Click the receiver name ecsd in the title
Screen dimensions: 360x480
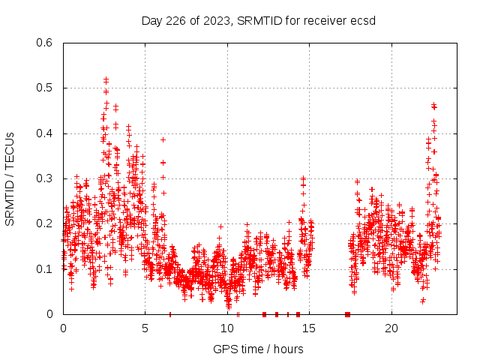tap(363, 20)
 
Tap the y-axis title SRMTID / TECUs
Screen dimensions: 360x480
tap(10, 179)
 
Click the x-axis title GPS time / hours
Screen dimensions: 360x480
tap(258, 349)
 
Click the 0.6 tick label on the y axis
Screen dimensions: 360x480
tap(46, 43)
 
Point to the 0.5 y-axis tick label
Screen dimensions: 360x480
tap(46, 88)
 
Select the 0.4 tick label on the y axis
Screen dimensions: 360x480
tap(46, 133)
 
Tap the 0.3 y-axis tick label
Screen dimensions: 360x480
tap(46, 178)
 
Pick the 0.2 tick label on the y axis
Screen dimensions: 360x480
tap(46, 223)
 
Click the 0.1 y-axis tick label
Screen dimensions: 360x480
tap(46, 268)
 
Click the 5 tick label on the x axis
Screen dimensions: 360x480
tap(145, 328)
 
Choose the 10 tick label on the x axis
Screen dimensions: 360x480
tap(227, 328)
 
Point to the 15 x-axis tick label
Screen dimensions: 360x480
tap(310, 328)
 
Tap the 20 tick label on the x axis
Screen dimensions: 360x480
tap(392, 328)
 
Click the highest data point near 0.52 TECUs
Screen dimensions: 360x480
tap(106, 79)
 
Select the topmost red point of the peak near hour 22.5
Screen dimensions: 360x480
tap(433, 105)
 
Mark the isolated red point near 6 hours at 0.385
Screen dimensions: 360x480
tap(163, 139)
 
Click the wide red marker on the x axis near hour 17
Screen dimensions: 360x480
tap(347, 313)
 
